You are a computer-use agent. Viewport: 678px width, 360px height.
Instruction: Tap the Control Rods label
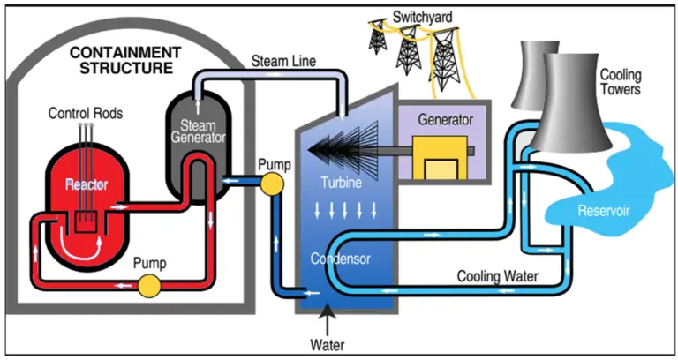coord(85,113)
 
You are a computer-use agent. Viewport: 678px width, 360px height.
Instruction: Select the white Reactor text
coord(87,185)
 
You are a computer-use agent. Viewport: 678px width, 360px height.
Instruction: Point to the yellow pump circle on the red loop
coord(149,285)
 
